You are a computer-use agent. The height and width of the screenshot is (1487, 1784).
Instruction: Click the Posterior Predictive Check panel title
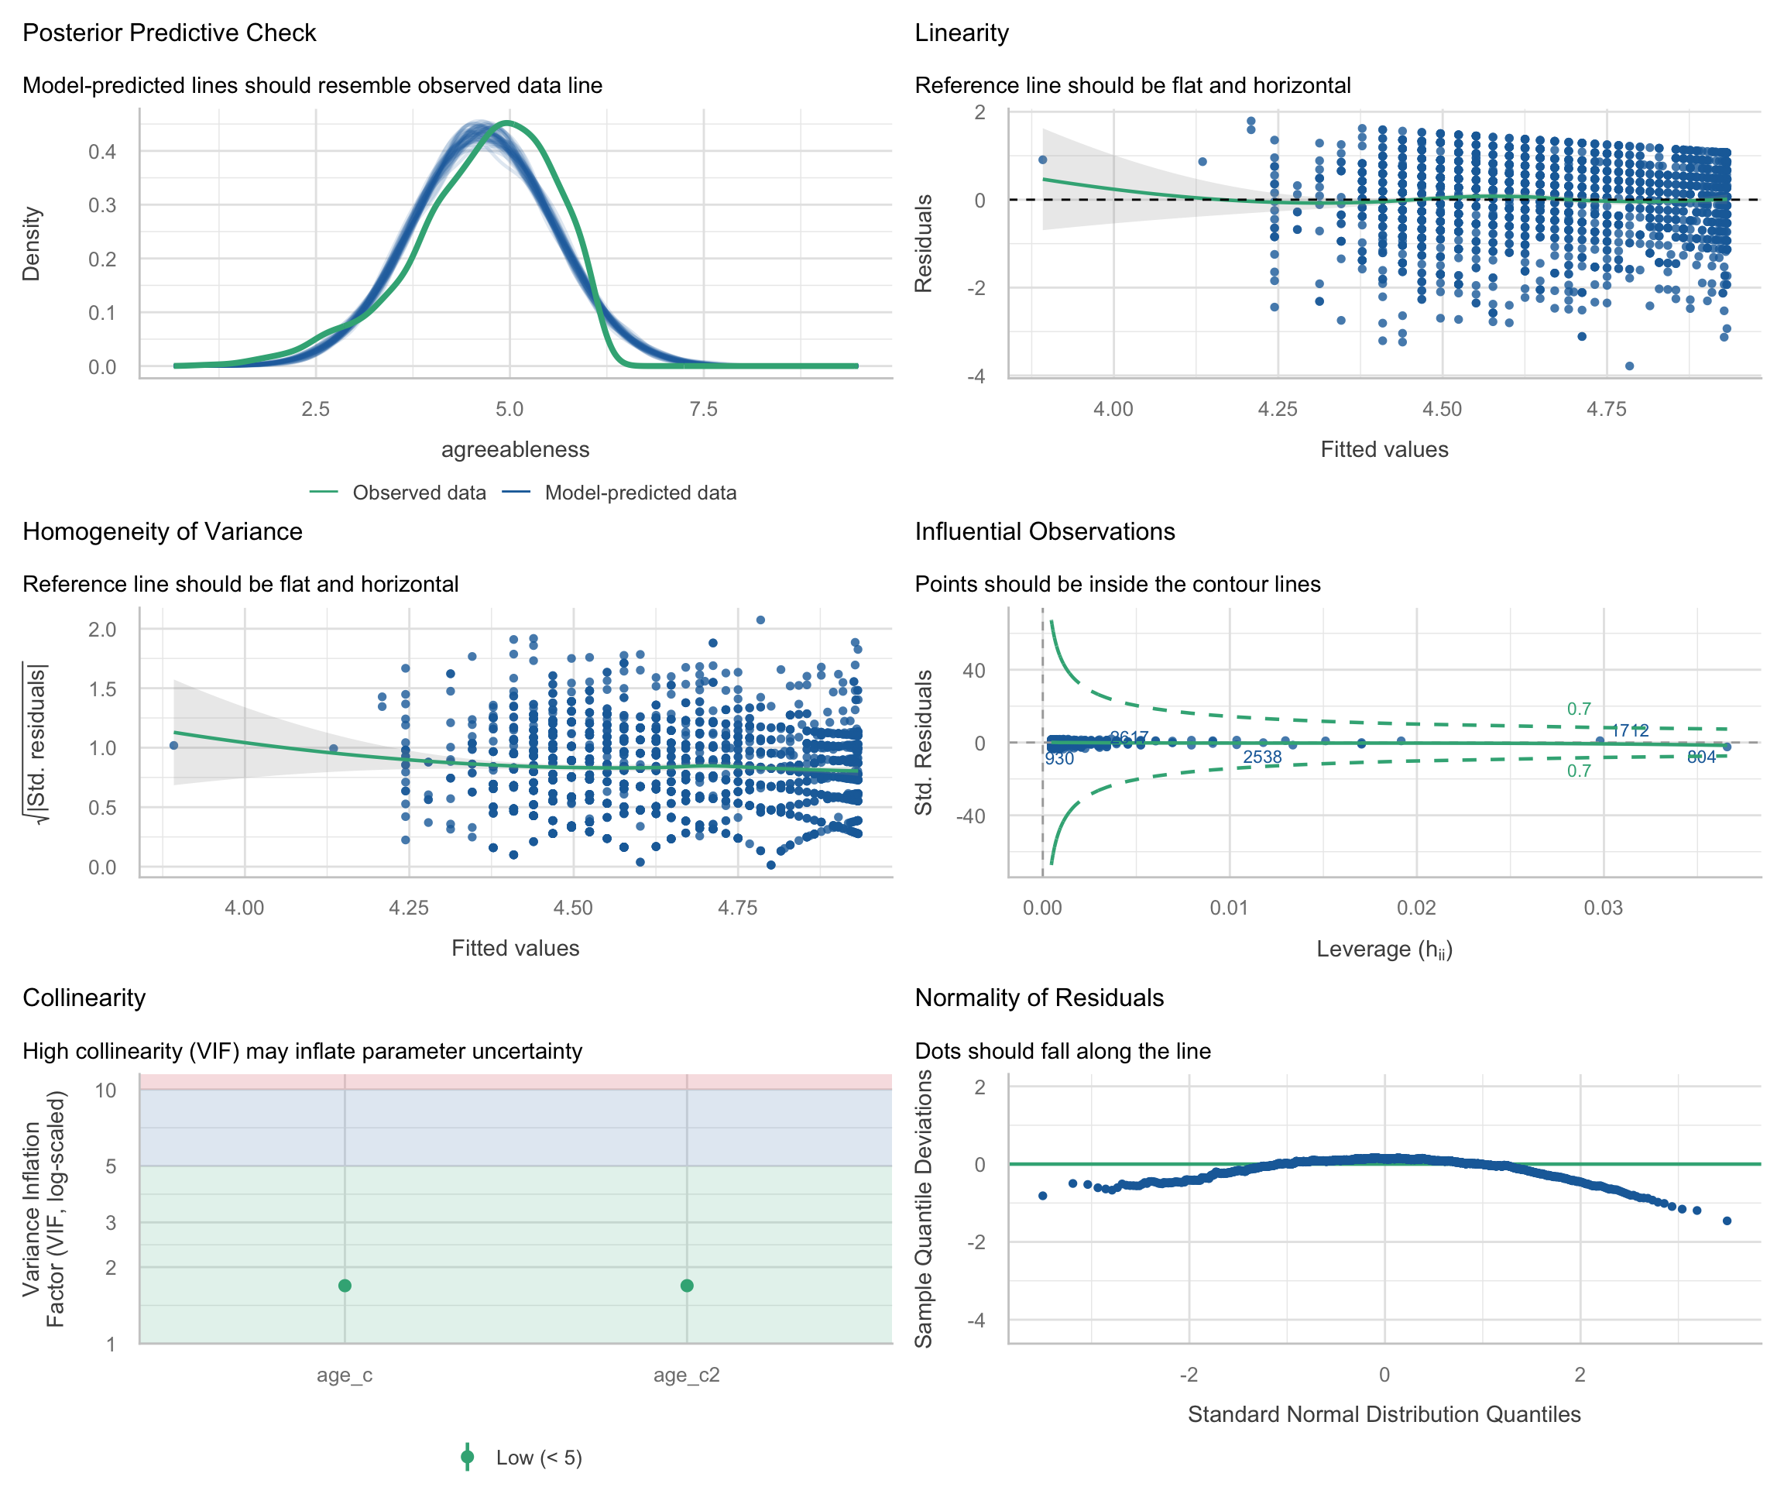coord(169,33)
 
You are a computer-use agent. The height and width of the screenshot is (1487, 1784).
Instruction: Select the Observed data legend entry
coord(418,493)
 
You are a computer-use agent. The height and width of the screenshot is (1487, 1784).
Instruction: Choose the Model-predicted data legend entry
coord(640,493)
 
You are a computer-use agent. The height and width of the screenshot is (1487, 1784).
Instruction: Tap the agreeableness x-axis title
coord(515,449)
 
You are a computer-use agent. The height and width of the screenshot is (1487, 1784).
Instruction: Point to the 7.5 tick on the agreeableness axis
coord(703,410)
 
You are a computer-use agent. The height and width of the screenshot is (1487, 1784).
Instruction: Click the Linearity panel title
coord(962,33)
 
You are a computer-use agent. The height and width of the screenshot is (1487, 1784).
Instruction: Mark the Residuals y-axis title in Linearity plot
coord(924,244)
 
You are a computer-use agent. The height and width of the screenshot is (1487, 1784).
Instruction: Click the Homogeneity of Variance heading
coord(163,532)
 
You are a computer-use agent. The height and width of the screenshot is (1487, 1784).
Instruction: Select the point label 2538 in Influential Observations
coord(1261,757)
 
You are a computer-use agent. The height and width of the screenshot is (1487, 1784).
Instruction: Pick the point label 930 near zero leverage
coord(1059,759)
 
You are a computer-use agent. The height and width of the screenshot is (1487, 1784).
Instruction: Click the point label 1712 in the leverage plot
coord(1629,731)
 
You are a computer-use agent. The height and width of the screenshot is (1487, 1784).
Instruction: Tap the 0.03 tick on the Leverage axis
coord(1603,908)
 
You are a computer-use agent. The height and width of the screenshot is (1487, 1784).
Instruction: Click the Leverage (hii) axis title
coord(1384,950)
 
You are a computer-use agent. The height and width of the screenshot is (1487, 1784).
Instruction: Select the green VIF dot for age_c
coord(345,1286)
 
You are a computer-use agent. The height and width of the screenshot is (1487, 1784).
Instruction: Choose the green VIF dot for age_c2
coord(686,1286)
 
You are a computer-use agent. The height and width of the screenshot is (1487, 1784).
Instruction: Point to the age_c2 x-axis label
coord(686,1375)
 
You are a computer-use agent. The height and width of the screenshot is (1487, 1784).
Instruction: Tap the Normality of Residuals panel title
coord(1039,998)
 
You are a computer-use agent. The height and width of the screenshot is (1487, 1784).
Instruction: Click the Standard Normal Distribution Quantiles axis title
coord(1384,1414)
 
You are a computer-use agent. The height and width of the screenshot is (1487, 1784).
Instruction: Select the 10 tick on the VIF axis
coord(105,1090)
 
